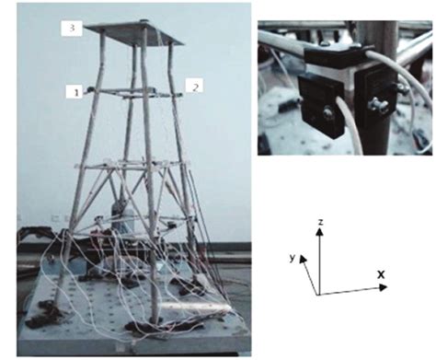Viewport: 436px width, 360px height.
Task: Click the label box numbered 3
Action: tap(72, 29)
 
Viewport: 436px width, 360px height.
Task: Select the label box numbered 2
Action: tap(195, 86)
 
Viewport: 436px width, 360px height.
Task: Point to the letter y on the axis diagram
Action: tap(293, 259)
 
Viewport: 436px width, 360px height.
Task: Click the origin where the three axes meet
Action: tap(318, 294)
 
